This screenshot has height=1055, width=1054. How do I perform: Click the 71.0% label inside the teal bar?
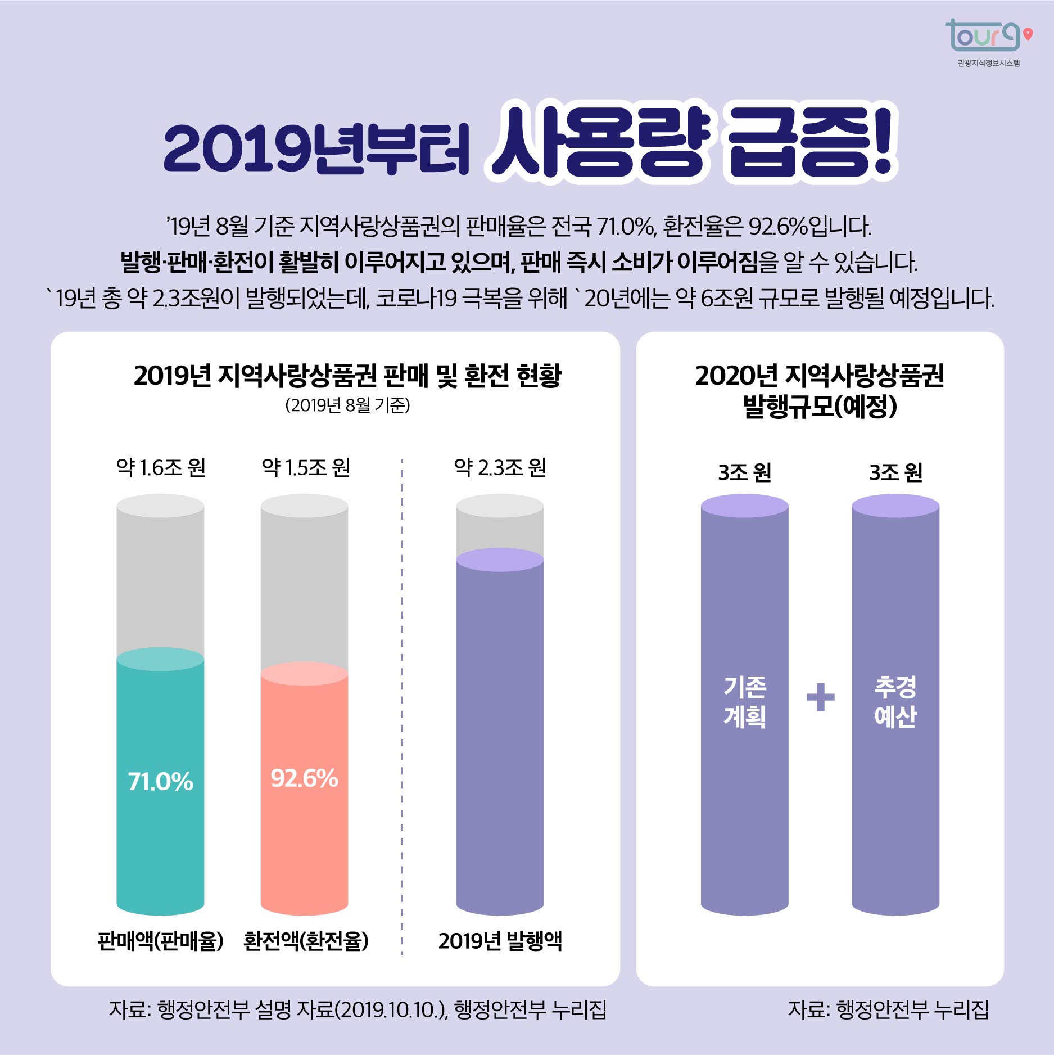point(160,782)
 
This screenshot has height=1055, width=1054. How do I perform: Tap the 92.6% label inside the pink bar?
point(304,778)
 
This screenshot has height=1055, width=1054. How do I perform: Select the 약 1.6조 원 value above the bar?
point(161,468)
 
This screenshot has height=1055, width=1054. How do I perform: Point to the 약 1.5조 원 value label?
point(306,468)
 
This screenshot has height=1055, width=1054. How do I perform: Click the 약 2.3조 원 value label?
point(500,468)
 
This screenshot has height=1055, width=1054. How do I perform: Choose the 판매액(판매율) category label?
point(161,941)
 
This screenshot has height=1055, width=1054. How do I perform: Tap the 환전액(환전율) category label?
point(306,941)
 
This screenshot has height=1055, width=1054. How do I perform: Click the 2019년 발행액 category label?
point(500,941)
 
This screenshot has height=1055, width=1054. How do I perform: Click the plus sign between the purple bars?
point(820,697)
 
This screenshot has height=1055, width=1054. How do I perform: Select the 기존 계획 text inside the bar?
point(744,701)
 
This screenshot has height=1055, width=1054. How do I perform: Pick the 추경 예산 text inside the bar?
point(895,701)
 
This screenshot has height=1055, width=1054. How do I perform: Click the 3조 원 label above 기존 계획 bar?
point(744,472)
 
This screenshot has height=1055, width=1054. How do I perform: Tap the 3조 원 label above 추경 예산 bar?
point(895,472)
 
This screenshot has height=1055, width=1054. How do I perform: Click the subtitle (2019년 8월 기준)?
point(347,405)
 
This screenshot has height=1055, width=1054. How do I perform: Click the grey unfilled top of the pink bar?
point(304,585)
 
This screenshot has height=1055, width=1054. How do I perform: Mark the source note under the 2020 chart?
point(888,1010)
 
